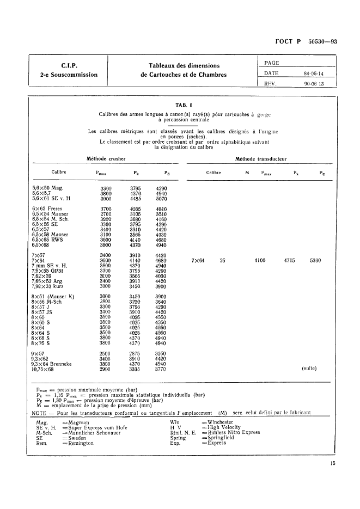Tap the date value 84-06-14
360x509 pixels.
314,73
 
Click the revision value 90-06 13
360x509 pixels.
314,84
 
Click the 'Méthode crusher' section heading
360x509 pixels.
106,159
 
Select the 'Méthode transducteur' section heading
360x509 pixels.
261,159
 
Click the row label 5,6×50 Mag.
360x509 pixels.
48,188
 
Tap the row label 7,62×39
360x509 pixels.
45,276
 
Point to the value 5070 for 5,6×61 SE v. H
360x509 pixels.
162,198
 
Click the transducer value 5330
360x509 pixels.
315,261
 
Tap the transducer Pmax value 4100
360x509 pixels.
260,261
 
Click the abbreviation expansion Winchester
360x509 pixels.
220,422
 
